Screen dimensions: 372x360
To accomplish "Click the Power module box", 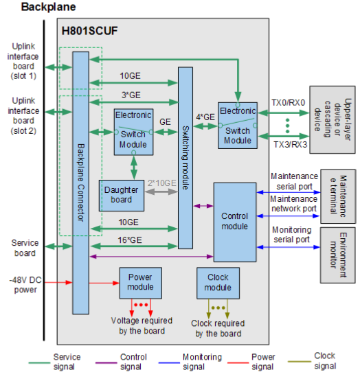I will (x=140, y=281).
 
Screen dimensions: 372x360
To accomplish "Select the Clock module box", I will (x=218, y=281).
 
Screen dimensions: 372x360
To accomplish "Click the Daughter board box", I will (x=122, y=196).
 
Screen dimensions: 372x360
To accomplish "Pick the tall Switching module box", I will (x=185, y=157).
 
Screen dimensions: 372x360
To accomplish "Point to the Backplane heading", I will (x=49, y=8).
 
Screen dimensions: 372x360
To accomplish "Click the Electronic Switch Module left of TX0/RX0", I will (x=237, y=125).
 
